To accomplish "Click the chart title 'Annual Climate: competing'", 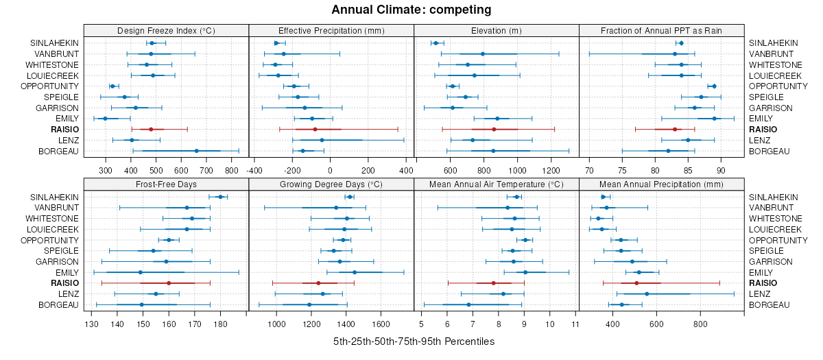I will (411, 10).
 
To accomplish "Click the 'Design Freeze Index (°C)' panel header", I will (166, 30).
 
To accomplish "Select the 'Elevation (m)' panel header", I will (497, 30).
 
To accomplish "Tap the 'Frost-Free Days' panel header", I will (166, 184).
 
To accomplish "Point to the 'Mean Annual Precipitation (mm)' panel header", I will (661, 184).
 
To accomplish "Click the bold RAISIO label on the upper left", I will (64, 130).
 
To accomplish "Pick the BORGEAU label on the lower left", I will (58, 305).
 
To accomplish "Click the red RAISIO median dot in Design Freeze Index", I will (151, 129).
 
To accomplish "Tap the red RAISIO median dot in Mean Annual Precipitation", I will (636, 283).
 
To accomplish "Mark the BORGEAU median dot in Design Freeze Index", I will (196, 151).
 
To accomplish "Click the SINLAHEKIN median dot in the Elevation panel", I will (436, 43).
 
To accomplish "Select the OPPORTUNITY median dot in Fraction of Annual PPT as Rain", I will (714, 86).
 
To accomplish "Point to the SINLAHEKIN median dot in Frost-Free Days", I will (220, 197).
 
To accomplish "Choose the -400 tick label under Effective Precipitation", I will (254, 169).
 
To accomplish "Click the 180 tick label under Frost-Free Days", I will (220, 323).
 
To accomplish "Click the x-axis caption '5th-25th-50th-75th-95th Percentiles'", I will (414, 341).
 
